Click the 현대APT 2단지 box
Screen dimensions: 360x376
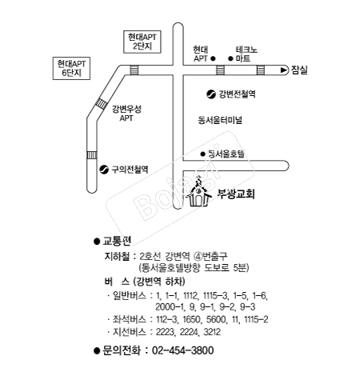142,42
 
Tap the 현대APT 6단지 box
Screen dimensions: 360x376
71,68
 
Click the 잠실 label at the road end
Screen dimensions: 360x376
299,70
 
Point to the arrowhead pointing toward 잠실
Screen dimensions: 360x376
284,70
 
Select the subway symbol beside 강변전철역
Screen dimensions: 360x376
211,94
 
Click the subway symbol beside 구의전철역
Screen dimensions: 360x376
104,170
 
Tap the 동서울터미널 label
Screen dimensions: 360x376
220,120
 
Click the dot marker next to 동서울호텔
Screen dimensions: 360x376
202,154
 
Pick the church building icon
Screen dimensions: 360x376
198,193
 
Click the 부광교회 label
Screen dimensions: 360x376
236,194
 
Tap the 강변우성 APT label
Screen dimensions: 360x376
126,114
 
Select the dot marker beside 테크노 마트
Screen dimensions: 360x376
230,58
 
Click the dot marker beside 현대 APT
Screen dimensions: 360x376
213,58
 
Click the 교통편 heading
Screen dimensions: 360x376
117,241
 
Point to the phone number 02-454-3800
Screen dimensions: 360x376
183,350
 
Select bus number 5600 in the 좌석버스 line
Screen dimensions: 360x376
216,319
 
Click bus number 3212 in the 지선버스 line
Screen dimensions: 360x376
212,332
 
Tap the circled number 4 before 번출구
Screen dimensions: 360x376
198,257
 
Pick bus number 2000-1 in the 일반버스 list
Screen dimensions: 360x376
170,307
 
